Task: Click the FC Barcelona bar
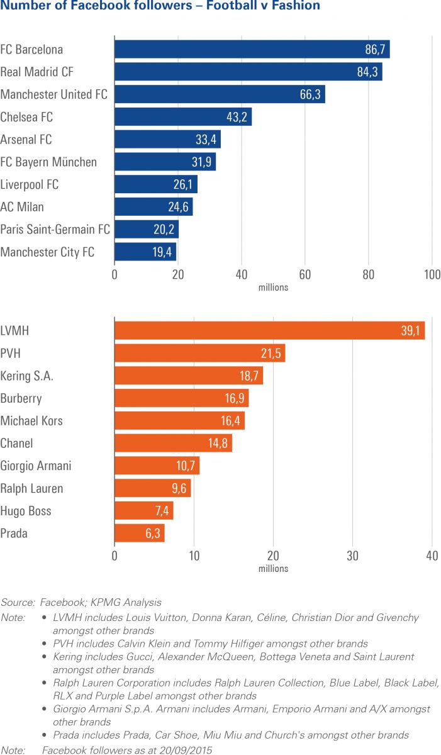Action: pyautogui.click(x=252, y=49)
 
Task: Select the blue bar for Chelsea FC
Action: pyautogui.click(x=182, y=116)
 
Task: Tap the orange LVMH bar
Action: pyautogui.click(x=269, y=330)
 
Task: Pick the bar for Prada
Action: pyautogui.click(x=139, y=533)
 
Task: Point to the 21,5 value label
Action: pyautogui.click(x=271, y=353)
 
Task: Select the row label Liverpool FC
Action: pyautogui.click(x=30, y=184)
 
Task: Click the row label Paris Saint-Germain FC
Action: pyautogui.click(x=55, y=230)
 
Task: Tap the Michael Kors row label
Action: pyautogui.click(x=31, y=420)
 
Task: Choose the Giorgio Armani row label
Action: pyautogui.click(x=36, y=466)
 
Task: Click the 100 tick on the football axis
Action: pyautogui.click(x=432, y=274)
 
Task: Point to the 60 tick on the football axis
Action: pyautogui.click(x=305, y=274)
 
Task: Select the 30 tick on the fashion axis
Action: pyautogui.click(x=352, y=556)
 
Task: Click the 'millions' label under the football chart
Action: pyautogui.click(x=273, y=288)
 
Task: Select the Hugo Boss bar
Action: pyautogui.click(x=143, y=510)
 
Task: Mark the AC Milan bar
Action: pyautogui.click(x=154, y=207)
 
